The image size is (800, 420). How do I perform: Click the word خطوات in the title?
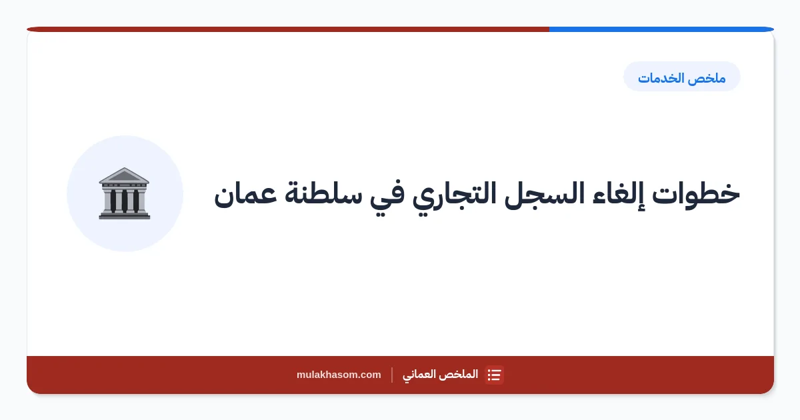(x=696, y=194)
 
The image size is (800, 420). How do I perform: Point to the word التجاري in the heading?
(x=454, y=197)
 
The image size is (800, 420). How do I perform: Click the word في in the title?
(x=387, y=197)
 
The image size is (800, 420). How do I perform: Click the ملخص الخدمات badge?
(x=682, y=77)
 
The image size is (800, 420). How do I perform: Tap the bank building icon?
(x=124, y=193)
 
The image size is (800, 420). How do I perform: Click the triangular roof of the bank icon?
(x=124, y=175)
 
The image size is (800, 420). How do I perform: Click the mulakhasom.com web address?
(x=339, y=375)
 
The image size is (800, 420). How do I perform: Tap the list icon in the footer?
(x=494, y=375)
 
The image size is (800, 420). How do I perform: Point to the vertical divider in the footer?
(x=392, y=375)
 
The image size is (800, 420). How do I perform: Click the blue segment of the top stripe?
(x=661, y=29)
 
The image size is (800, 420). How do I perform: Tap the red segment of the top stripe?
(x=288, y=29)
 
